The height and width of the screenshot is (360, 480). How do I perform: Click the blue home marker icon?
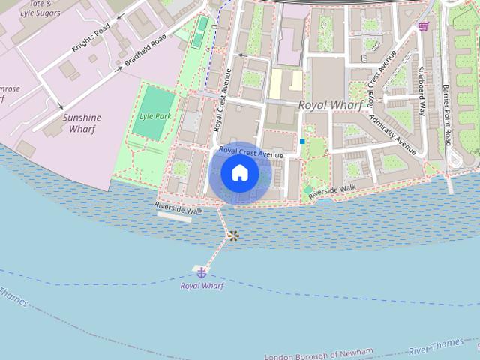(240, 173)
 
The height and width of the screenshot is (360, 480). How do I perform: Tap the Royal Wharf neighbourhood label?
(330, 105)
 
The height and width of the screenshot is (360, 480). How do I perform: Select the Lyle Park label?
(154, 117)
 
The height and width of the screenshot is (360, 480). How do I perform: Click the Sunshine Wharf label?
(82, 123)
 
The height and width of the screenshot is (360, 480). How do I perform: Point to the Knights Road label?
(91, 37)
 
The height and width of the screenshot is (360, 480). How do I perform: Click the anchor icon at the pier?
(201, 271)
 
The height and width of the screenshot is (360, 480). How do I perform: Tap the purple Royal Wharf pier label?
(202, 286)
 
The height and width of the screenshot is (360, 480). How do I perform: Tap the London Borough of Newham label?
(319, 355)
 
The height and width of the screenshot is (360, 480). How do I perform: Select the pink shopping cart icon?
(424, 26)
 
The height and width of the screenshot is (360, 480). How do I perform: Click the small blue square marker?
(302, 141)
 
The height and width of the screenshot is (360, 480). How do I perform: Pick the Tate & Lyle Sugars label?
(31, 8)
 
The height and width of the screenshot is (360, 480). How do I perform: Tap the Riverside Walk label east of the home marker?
(332, 191)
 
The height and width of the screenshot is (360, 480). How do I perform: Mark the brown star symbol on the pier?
(233, 236)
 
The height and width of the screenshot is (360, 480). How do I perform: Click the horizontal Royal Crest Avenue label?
(251, 152)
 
